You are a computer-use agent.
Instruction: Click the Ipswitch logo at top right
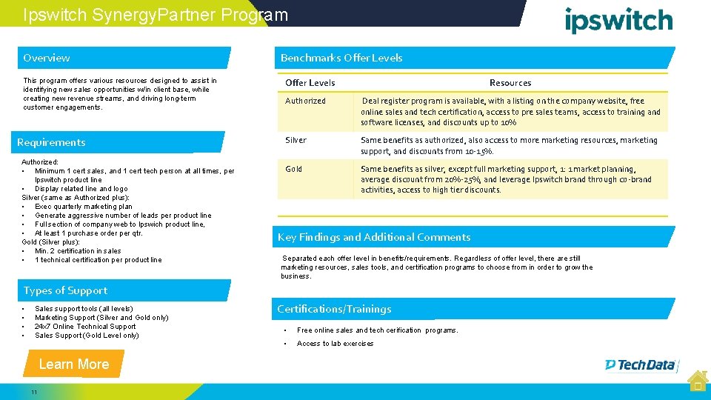[618, 20]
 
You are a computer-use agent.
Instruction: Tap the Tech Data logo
[641, 364]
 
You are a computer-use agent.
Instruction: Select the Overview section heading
[47, 58]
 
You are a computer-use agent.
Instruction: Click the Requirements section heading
[51, 142]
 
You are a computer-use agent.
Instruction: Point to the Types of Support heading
[65, 290]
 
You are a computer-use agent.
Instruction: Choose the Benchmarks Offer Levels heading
[341, 58]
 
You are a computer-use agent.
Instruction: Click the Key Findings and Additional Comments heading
[374, 237]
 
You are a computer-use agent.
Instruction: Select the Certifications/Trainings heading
[334, 309]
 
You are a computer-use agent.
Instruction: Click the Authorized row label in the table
[305, 101]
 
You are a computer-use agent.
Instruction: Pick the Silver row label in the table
[296, 140]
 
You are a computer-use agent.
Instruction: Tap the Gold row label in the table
[293, 169]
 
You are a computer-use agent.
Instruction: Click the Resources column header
[510, 83]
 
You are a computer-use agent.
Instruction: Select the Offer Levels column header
[310, 83]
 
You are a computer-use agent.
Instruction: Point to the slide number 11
[34, 391]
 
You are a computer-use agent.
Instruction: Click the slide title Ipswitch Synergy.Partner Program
[156, 15]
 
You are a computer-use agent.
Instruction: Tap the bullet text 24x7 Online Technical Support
[85, 326]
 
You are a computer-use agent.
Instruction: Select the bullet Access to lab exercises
[335, 344]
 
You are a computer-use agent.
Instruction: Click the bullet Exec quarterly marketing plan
[84, 207]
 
